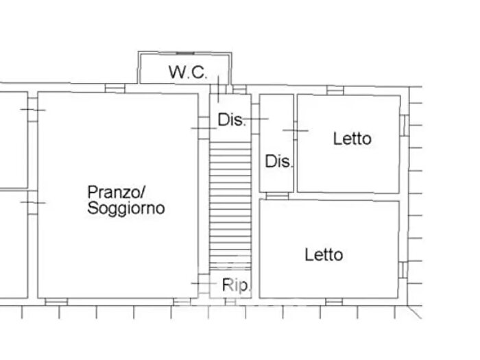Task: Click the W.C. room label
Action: pos(188,72)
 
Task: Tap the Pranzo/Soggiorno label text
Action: pos(126,199)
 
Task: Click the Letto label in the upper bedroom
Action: pos(352,139)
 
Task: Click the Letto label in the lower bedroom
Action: pos(324,255)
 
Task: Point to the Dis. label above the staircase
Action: pos(232,120)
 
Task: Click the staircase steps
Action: pos(230,206)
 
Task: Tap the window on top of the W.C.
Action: pos(185,52)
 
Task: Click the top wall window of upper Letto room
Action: pos(335,90)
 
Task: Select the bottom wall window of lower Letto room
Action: pos(334,301)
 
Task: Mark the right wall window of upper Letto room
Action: pos(404,125)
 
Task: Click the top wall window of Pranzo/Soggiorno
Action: pos(115,88)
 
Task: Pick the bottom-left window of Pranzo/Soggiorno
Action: pos(56,301)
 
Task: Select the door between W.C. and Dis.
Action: pos(219,88)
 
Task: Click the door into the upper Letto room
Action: pos(295,130)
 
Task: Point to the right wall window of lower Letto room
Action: pos(404,267)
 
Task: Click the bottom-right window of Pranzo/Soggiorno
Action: pos(182,301)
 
